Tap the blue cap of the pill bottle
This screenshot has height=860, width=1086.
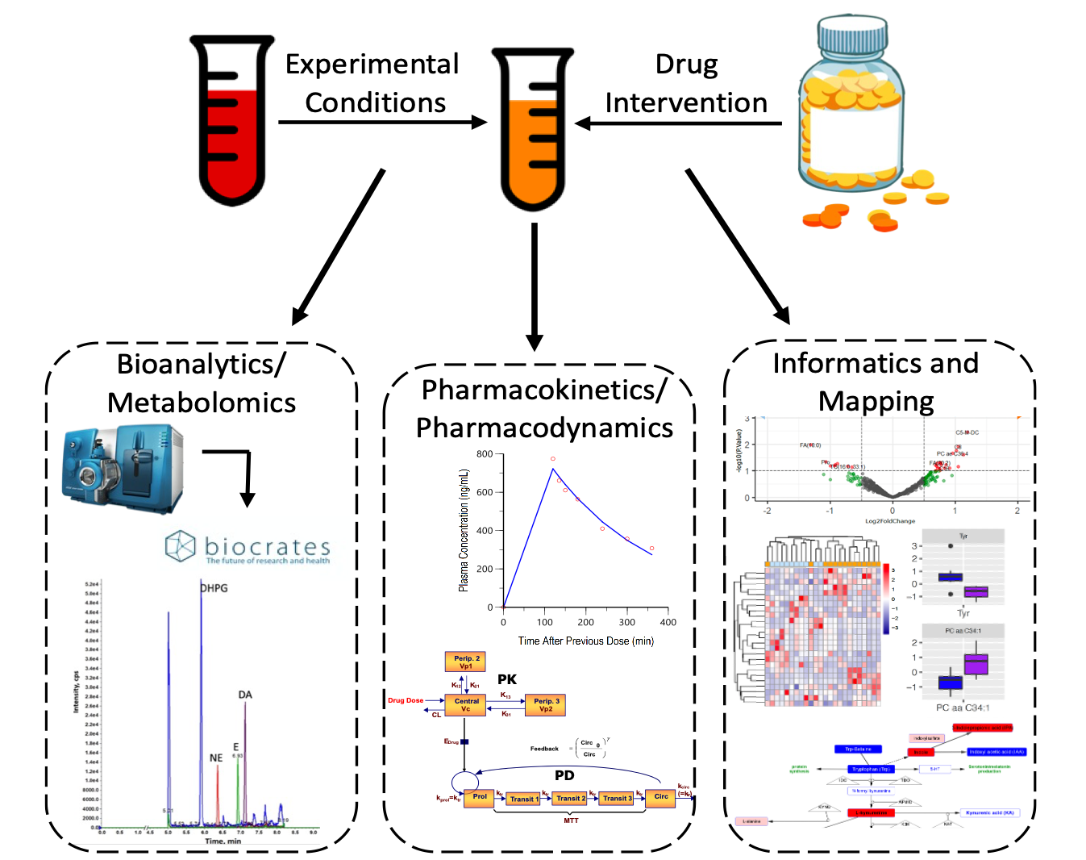(x=851, y=36)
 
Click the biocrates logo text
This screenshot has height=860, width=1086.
(x=267, y=546)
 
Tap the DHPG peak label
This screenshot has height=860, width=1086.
(x=214, y=588)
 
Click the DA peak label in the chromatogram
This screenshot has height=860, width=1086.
(x=245, y=695)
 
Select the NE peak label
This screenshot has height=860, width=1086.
(x=216, y=758)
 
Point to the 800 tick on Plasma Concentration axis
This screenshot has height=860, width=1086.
(x=484, y=454)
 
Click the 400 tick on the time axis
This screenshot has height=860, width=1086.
(x=668, y=622)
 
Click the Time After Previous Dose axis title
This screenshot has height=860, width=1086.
(x=585, y=641)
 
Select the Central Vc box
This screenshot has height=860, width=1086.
(x=466, y=705)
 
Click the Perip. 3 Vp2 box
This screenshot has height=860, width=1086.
(x=546, y=705)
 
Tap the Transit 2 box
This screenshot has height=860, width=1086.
(x=571, y=799)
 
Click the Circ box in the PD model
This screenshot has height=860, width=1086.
(x=661, y=797)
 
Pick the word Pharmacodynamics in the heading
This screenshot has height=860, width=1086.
(x=544, y=428)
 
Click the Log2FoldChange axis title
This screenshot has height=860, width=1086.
(x=890, y=521)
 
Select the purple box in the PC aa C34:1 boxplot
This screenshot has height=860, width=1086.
(x=976, y=665)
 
